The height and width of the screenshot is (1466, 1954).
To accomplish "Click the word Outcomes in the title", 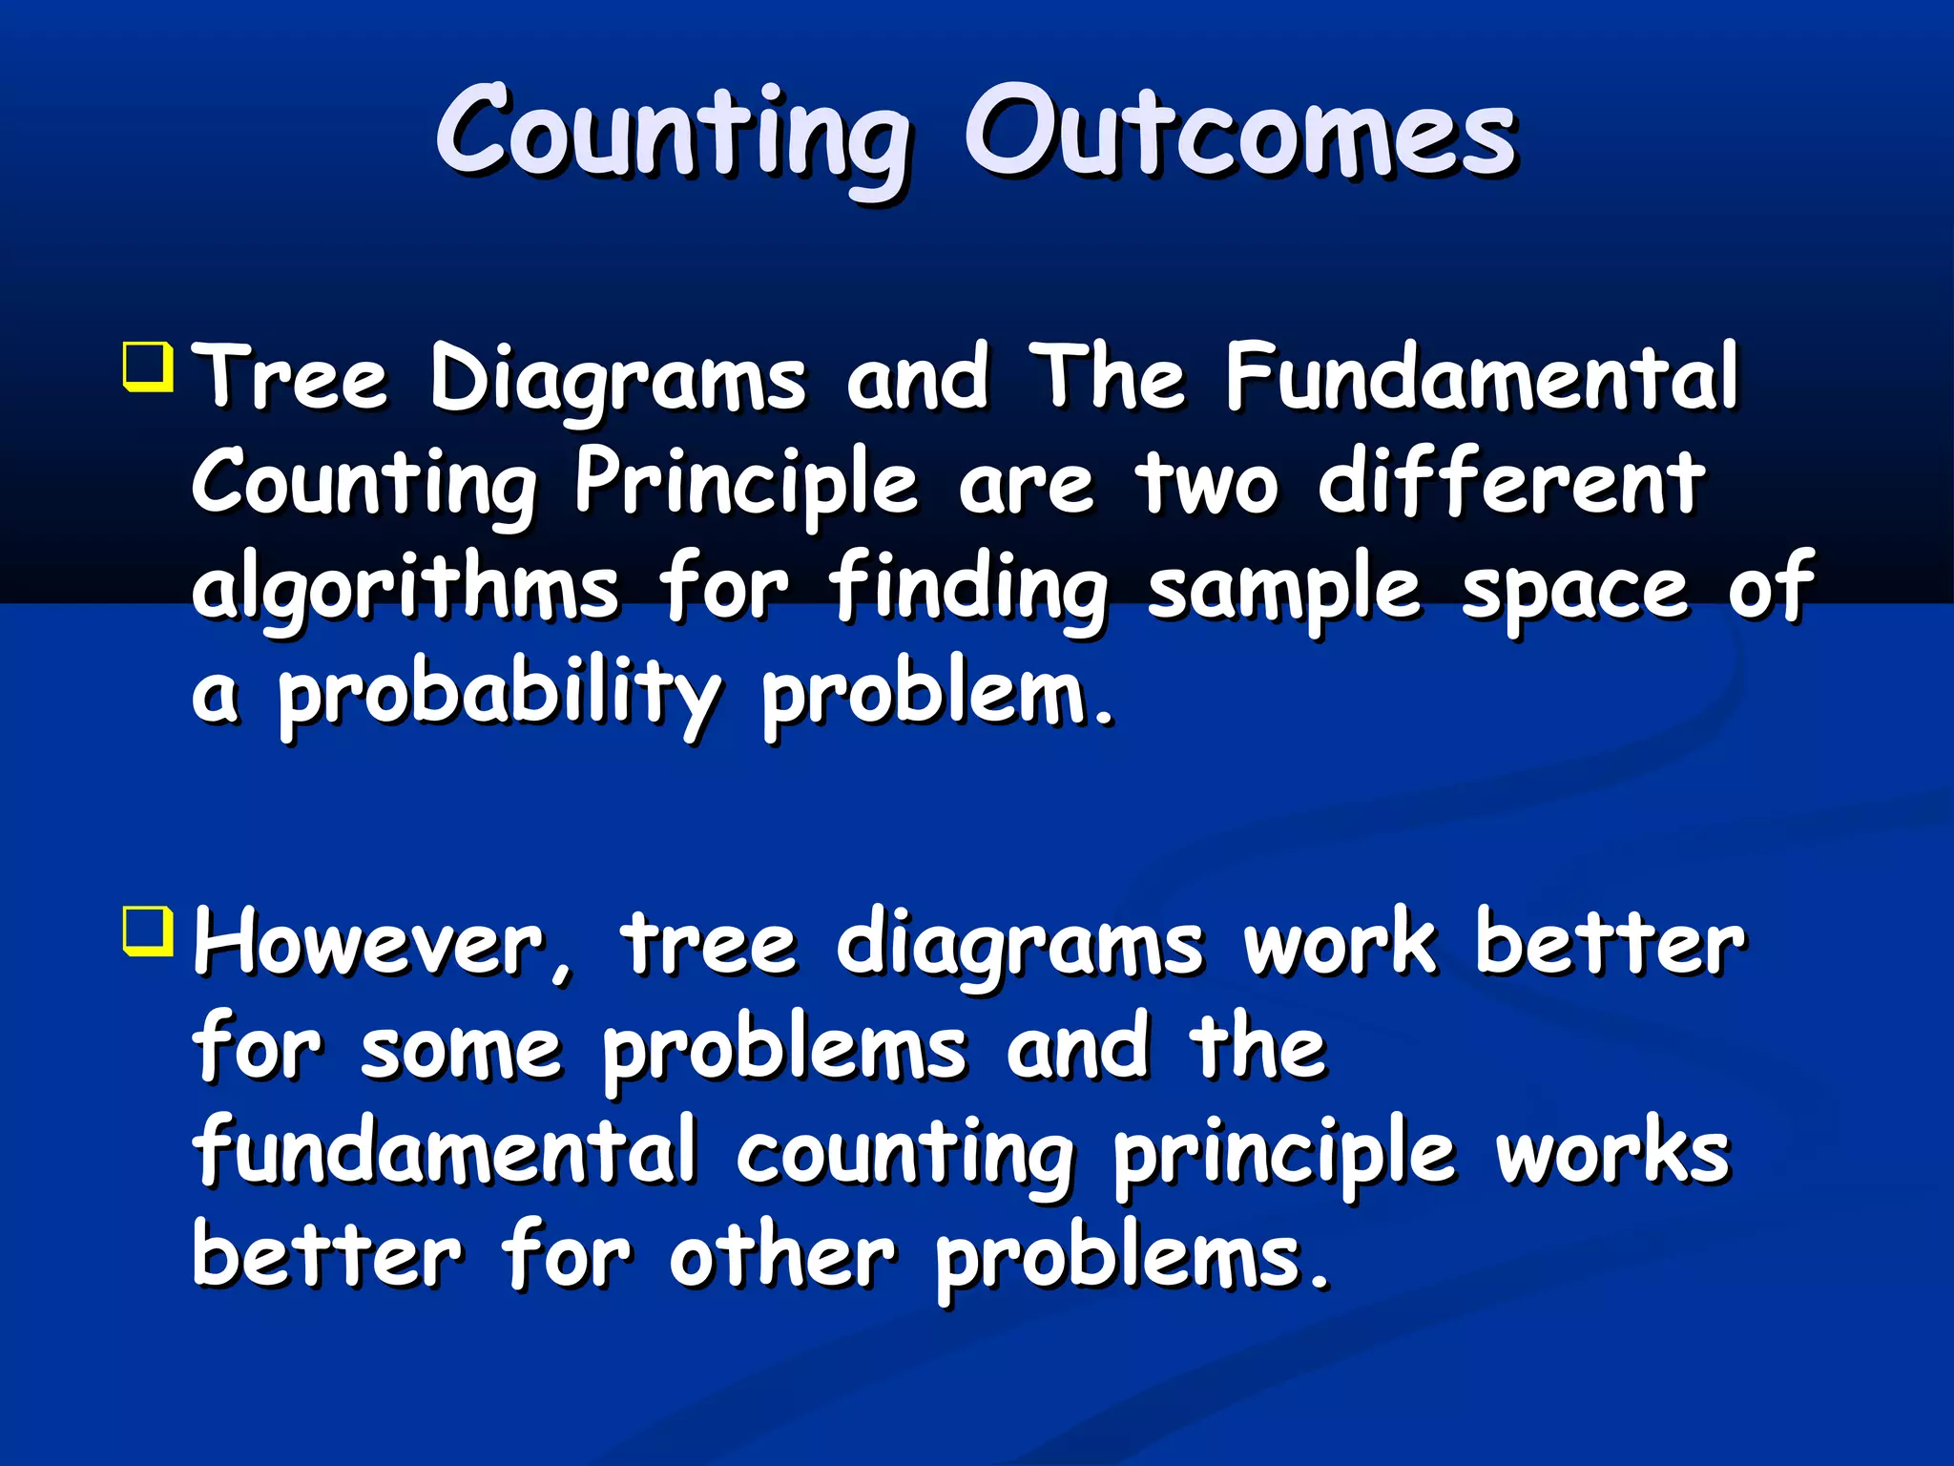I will (x=1240, y=134).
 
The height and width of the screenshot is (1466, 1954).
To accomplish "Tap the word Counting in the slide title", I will (x=674, y=134).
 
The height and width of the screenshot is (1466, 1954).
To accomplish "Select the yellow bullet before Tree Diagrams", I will (x=148, y=367).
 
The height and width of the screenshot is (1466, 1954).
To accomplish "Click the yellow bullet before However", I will (x=148, y=931).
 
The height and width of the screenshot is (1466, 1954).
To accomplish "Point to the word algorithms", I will (x=405, y=587).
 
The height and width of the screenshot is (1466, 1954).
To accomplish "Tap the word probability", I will (x=499, y=695).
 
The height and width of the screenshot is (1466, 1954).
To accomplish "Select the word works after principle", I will (x=1612, y=1153).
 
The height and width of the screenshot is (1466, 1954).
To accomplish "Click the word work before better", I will (x=1340, y=945).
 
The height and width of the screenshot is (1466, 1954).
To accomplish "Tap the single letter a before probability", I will (x=214, y=695).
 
